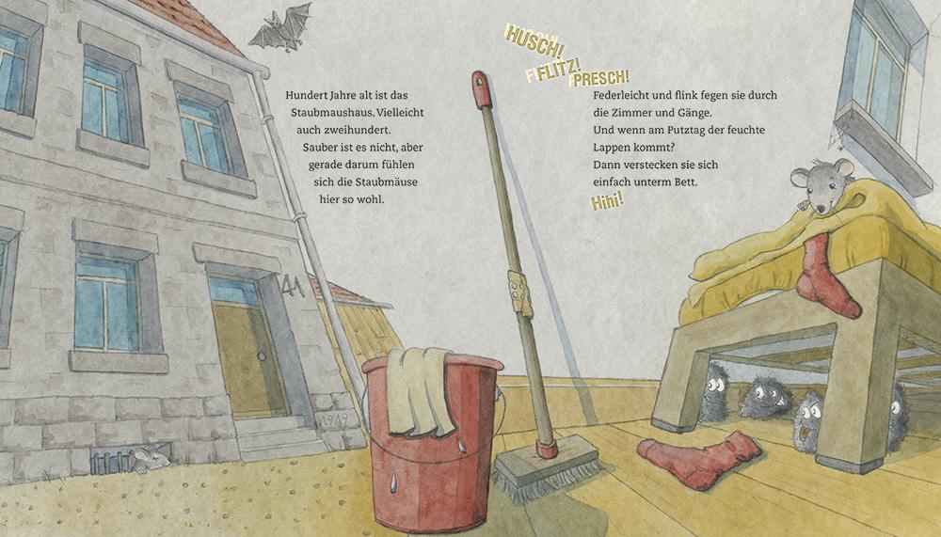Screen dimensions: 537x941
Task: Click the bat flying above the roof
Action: coord(280,26)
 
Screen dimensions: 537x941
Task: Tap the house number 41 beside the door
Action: coord(294,286)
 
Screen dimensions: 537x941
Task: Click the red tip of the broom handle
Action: coord(481,90)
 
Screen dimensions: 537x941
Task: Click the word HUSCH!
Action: coord(534,38)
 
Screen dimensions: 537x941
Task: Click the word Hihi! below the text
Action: coord(607,201)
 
